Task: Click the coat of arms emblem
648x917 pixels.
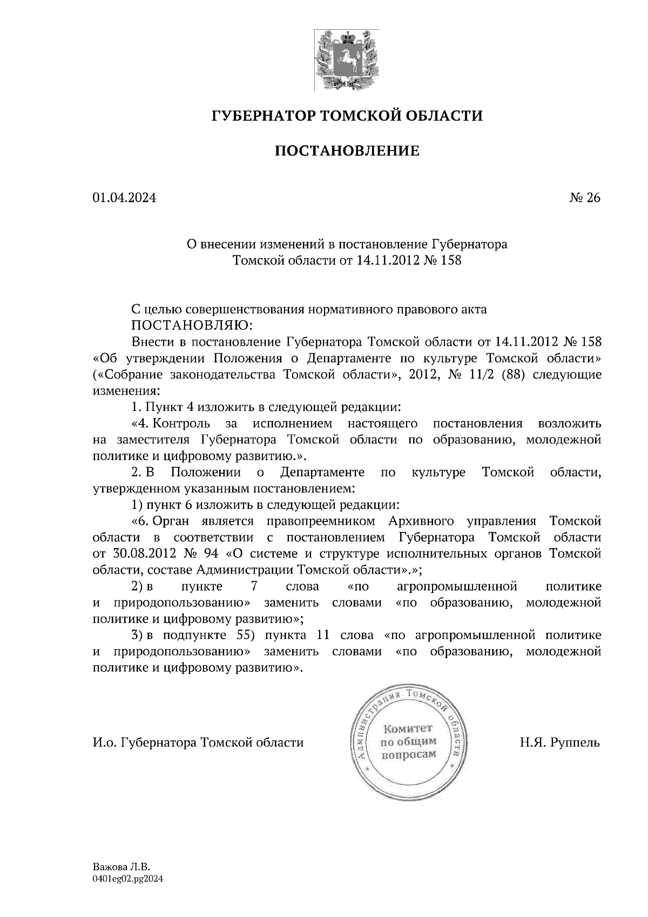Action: [347, 60]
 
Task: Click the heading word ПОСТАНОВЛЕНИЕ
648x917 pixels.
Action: [347, 151]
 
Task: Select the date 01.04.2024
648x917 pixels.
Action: [124, 198]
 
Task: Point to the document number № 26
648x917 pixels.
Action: [585, 198]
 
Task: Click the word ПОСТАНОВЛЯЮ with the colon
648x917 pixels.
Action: [189, 326]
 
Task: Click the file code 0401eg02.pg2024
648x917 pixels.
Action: [128, 879]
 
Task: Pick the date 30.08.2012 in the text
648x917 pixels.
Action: [143, 554]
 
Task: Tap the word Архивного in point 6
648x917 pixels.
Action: [420, 521]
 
